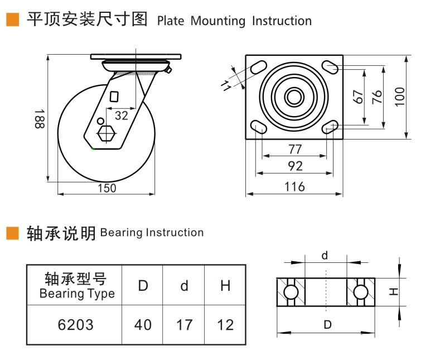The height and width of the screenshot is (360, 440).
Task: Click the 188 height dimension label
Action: point(40,119)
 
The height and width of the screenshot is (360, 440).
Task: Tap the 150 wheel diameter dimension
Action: point(107,188)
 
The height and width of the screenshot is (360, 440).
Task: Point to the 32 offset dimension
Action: point(122,116)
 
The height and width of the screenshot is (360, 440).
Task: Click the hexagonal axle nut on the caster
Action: point(107,133)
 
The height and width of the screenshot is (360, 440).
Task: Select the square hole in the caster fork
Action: point(114,97)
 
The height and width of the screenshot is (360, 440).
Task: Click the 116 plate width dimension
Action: point(294,186)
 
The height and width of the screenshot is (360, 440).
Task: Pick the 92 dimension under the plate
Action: point(295,166)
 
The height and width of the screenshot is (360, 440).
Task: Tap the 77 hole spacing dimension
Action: point(294,149)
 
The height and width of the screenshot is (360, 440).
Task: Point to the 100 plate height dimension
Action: point(400,97)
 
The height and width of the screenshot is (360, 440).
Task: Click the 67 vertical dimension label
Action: point(358,97)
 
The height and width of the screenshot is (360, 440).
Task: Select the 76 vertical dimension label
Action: point(377,97)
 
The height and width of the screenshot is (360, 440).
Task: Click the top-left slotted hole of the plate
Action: point(258,67)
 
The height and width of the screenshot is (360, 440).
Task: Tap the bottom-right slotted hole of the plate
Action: point(330,127)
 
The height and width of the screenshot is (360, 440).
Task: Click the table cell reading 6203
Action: point(75,325)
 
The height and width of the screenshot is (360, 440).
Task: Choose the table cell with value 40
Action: point(143,325)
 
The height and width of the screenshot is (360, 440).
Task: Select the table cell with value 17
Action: point(184,325)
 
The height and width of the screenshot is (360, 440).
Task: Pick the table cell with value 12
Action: point(225,325)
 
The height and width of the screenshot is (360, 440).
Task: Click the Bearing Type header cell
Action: point(75,285)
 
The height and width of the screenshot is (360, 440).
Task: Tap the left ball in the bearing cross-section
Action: point(291,292)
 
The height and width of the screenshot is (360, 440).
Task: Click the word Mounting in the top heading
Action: point(217,21)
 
